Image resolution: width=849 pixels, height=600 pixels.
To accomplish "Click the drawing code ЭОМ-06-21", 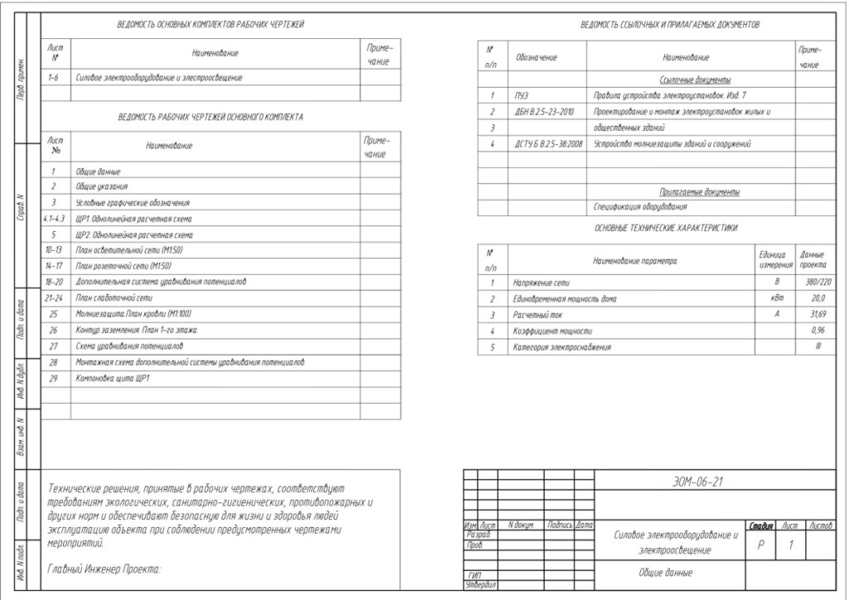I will (697, 481).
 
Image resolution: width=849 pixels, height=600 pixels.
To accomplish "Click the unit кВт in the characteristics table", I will (776, 298).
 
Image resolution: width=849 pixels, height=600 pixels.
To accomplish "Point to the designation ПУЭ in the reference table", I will (521, 96).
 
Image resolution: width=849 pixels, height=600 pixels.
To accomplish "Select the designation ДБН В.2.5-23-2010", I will (544, 112).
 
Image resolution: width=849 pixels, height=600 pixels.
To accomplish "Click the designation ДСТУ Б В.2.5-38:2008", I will (548, 144).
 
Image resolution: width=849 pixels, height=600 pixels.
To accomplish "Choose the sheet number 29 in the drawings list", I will (54, 378).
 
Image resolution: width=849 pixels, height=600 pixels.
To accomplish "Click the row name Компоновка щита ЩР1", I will (113, 378).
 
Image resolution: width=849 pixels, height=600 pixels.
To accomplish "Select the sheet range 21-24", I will (54, 298).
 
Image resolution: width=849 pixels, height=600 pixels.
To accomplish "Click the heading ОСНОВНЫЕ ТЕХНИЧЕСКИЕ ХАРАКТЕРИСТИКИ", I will (665, 228).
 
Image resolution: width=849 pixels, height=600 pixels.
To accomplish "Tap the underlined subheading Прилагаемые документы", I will (699, 191).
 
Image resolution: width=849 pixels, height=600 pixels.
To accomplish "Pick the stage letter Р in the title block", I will (760, 545).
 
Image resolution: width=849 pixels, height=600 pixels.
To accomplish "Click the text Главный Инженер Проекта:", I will (104, 569).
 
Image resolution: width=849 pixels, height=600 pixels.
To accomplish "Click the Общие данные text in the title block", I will (665, 573).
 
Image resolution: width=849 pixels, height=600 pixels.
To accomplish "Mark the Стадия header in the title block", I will (760, 525).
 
